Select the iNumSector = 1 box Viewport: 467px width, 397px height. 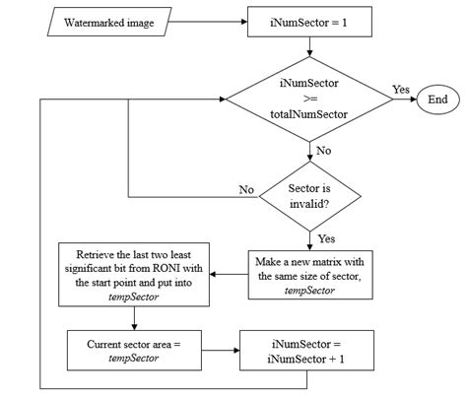(309, 22)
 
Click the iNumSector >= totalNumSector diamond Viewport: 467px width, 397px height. (310, 99)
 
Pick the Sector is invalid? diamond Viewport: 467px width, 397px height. (310, 192)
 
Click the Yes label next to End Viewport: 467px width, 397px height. (400, 89)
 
